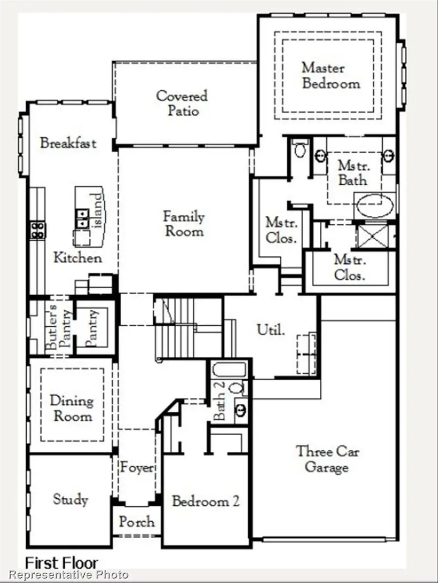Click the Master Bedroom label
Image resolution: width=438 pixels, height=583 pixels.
330,75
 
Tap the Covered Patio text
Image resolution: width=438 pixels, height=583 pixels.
182,103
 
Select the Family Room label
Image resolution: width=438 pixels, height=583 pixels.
183,223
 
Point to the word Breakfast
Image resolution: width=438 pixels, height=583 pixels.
68,143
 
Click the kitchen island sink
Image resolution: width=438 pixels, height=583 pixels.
82,218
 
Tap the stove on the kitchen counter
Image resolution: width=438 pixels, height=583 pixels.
37,230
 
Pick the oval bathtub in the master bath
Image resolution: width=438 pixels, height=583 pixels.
375,206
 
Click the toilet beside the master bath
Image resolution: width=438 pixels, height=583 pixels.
300,149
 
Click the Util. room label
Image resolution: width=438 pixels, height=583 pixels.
270,330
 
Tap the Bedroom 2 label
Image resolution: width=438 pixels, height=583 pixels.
205,501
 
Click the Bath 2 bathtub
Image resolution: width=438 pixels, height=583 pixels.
230,370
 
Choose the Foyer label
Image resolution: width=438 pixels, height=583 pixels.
137,468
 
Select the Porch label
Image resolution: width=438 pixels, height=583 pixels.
137,522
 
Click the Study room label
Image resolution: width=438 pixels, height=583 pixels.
71,499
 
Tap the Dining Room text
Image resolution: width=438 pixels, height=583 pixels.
72,408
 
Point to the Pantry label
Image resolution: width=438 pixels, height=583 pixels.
93,328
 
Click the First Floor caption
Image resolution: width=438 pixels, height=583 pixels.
62,564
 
